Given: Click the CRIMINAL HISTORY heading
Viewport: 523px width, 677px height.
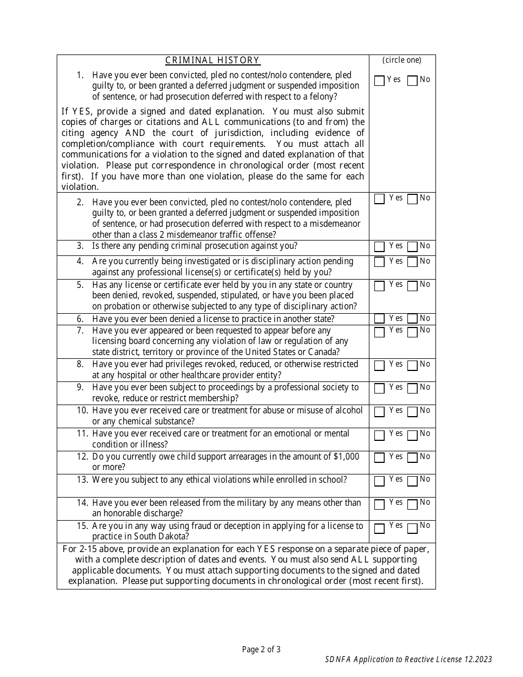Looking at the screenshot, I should tap(213, 61).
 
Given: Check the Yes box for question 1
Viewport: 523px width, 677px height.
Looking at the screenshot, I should tap(379, 81).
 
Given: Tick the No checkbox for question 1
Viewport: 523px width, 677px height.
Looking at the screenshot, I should tap(412, 81).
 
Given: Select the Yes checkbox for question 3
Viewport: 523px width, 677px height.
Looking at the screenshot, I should tap(379, 247).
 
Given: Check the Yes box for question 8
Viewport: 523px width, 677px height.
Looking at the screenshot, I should tap(379, 366).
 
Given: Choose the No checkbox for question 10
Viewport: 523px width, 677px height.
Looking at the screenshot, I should tap(412, 412).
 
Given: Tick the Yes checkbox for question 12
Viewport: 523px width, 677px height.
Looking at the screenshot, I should tap(379, 458).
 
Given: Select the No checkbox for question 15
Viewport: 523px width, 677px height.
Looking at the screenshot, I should tap(412, 528).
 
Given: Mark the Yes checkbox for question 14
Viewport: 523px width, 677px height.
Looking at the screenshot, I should tap(379, 505).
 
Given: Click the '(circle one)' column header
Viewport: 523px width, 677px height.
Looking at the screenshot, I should tap(402, 61).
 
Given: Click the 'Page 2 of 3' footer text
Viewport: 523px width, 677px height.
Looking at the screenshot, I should tap(261, 649).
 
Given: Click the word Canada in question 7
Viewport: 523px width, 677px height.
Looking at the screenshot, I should tap(324, 352).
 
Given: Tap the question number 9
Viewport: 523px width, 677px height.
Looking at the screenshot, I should tap(80, 387).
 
